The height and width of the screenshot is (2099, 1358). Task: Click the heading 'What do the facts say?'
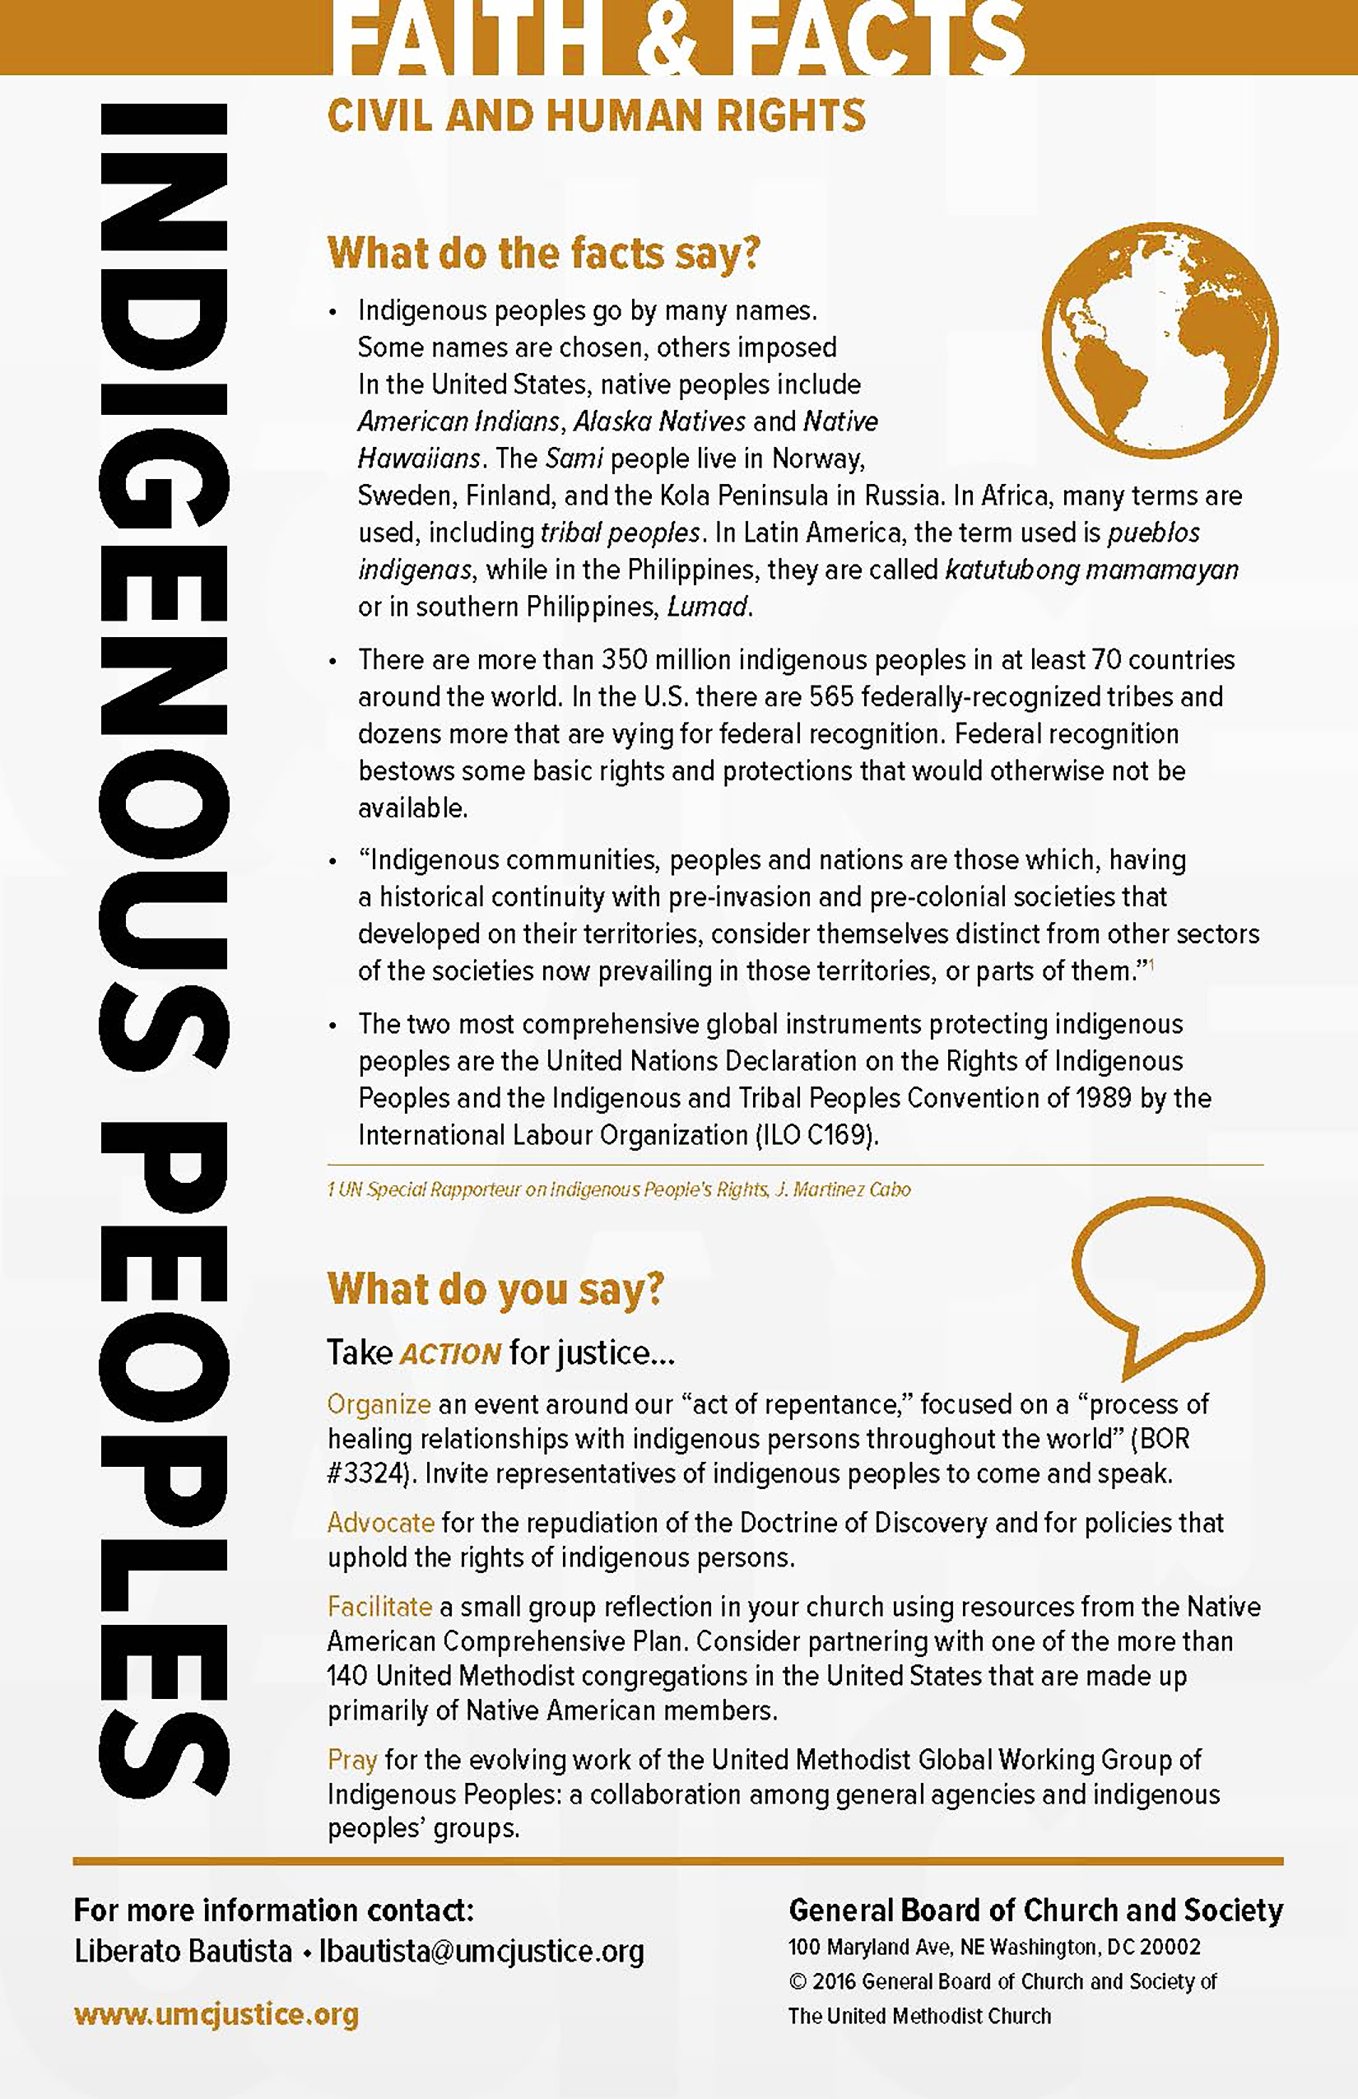tap(543, 254)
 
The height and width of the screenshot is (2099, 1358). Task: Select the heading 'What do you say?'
tap(495, 1288)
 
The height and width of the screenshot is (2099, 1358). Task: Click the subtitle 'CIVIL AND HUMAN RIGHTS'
tap(596, 116)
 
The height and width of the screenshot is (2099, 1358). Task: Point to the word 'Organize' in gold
tap(379, 1404)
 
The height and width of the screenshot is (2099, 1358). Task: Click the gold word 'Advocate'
tap(380, 1523)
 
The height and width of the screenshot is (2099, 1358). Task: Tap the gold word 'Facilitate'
tap(379, 1607)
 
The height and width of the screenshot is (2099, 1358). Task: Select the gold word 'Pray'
tap(352, 1761)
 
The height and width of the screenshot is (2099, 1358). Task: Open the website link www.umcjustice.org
tap(216, 2015)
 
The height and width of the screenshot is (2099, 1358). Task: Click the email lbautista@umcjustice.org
tap(481, 1952)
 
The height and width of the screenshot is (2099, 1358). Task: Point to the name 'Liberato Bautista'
tap(183, 1952)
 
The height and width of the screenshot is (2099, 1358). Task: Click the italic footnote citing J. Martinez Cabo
tap(618, 1189)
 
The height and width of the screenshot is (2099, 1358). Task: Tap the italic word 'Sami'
tap(574, 458)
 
